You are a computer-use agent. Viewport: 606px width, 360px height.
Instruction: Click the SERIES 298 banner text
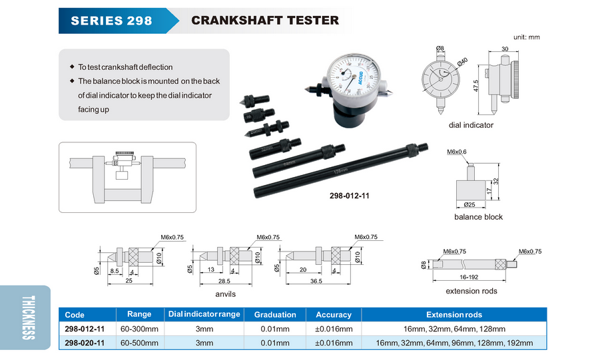(x=111, y=21)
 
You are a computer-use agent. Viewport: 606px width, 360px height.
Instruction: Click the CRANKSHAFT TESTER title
(x=265, y=21)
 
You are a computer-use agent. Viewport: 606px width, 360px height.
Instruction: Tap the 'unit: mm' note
(x=526, y=37)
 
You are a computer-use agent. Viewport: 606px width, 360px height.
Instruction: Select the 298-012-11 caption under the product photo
(x=350, y=196)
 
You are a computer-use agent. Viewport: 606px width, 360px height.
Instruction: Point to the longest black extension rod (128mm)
(x=341, y=170)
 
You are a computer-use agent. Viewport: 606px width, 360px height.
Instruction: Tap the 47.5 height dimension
(x=475, y=86)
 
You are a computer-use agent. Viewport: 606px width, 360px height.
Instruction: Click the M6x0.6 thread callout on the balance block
(x=456, y=152)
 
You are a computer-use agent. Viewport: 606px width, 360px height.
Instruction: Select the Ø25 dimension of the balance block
(x=469, y=204)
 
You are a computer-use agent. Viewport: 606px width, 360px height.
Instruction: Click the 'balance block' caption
(x=478, y=217)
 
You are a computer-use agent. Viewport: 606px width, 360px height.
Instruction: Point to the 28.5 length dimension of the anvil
(x=224, y=281)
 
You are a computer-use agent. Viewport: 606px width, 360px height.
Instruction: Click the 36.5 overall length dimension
(x=316, y=281)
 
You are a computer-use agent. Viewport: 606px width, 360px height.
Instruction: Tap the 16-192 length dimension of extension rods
(x=469, y=277)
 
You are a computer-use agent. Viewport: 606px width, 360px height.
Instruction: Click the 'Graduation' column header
(x=275, y=315)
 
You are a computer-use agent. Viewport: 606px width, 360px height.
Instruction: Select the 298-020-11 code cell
(x=85, y=343)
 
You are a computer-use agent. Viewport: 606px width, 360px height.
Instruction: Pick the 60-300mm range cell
(x=139, y=329)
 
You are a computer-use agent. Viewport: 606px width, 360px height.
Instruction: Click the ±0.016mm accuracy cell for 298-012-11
(x=334, y=329)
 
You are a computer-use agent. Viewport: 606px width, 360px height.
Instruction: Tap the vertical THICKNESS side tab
(x=29, y=317)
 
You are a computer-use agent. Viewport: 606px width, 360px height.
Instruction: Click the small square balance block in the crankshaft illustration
(x=122, y=175)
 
